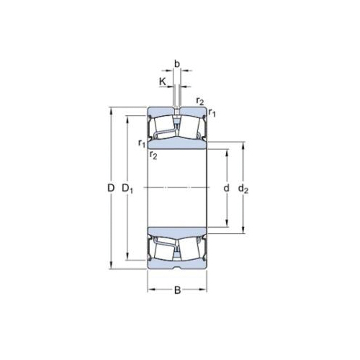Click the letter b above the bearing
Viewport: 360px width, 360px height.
(177, 63)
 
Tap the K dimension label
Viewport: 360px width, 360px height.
(163, 82)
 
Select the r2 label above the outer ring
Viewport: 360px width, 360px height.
(199, 101)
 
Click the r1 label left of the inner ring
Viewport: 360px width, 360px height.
(142, 143)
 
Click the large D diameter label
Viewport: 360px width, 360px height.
(112, 189)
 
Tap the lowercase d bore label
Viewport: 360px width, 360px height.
(226, 189)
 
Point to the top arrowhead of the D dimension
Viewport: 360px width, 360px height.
(110, 110)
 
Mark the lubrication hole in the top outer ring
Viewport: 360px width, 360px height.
(178, 110)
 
